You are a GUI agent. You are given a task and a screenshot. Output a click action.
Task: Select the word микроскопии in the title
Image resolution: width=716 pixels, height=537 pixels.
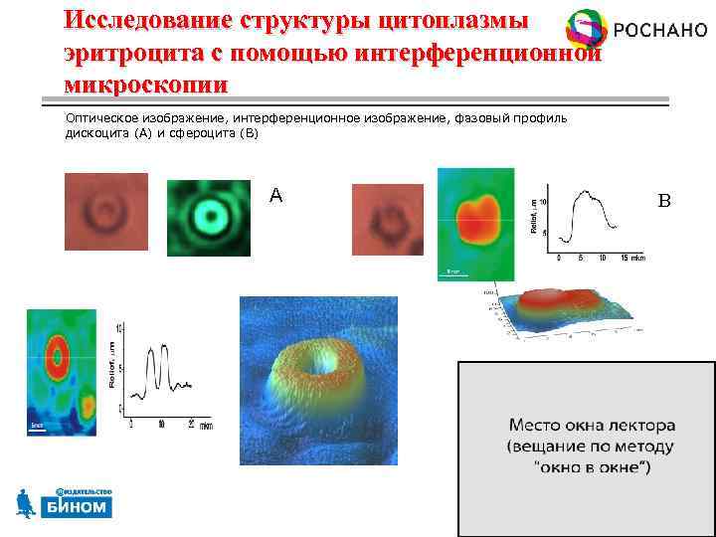click(145, 83)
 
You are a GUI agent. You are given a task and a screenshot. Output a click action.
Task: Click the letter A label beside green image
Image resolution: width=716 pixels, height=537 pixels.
click(275, 196)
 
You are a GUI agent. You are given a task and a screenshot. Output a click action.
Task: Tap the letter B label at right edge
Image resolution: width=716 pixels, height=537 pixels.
click(665, 201)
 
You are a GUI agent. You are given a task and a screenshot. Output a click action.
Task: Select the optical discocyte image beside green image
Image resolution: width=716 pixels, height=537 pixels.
click(105, 212)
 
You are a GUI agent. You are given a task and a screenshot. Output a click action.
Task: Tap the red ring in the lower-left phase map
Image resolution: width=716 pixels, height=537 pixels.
click(56, 355)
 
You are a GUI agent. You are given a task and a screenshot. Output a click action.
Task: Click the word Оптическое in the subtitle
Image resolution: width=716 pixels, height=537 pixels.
click(103, 117)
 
